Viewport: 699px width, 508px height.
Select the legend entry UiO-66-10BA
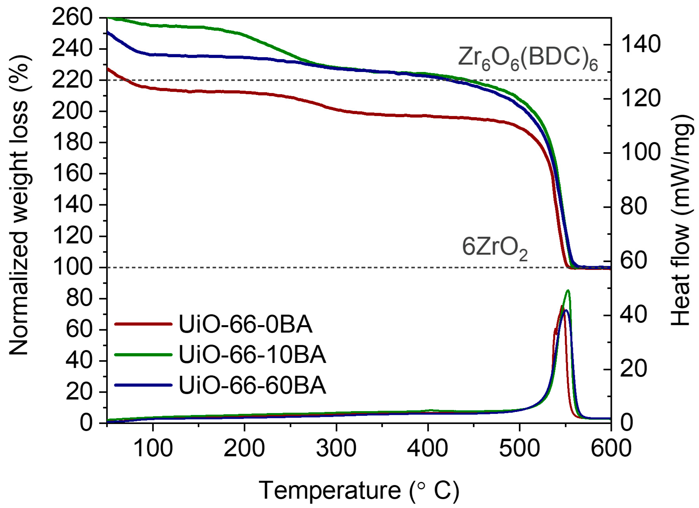(x=252, y=355)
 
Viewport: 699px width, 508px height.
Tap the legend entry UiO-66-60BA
(x=252, y=385)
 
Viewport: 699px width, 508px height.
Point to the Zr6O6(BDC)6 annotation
(x=528, y=59)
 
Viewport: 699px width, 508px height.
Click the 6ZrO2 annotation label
(x=494, y=248)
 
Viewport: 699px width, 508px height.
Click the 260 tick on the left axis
(x=72, y=18)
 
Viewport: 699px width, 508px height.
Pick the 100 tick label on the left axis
(x=72, y=267)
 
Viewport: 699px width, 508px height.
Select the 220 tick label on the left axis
(x=72, y=80)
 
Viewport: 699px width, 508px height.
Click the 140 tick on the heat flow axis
(x=640, y=45)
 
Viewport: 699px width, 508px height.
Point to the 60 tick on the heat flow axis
(x=633, y=261)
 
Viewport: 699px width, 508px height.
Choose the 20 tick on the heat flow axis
(x=633, y=369)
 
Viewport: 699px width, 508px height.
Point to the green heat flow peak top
(x=568, y=290)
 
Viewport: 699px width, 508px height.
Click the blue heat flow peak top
(x=566, y=310)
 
